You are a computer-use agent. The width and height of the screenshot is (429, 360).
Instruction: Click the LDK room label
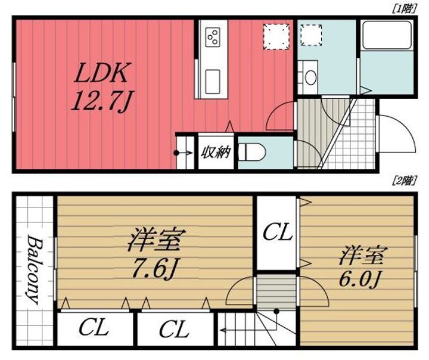(x=100, y=74)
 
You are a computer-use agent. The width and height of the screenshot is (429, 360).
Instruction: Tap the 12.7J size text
(x=101, y=102)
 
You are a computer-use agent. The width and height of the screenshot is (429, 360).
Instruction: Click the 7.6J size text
(x=154, y=270)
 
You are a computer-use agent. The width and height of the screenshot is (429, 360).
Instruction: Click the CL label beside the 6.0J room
(x=278, y=232)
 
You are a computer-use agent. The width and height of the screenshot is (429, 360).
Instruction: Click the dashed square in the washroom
(x=311, y=35)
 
